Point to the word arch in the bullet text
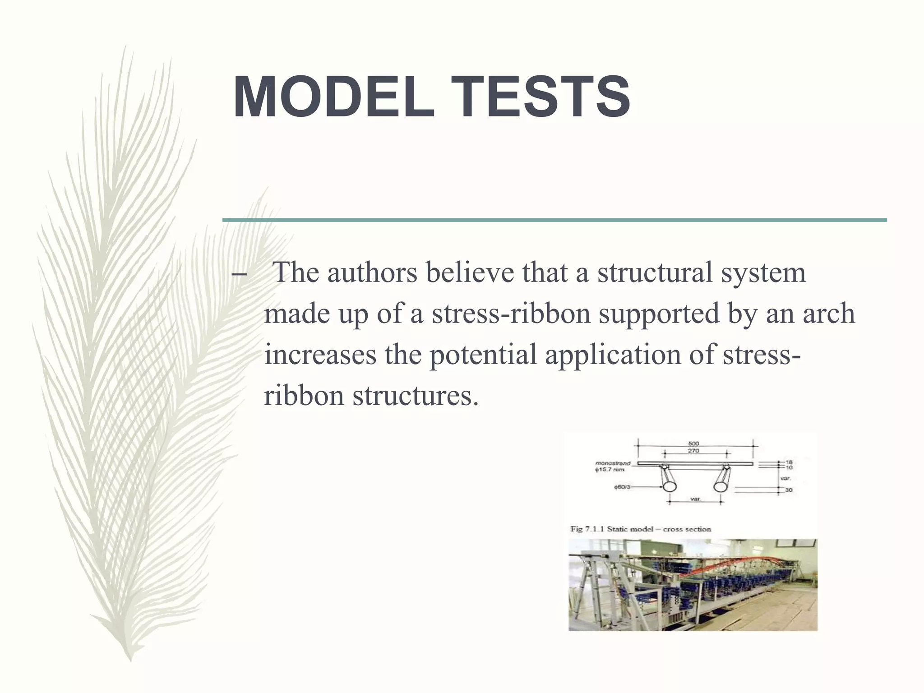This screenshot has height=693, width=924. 828,314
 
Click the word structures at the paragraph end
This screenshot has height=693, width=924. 415,396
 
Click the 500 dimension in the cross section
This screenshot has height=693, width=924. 693,443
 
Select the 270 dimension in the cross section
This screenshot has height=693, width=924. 693,451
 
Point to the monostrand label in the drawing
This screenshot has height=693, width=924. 612,463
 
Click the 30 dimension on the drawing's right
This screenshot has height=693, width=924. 789,490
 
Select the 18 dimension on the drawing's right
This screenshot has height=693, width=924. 789,462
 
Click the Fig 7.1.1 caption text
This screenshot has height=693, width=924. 641,529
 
